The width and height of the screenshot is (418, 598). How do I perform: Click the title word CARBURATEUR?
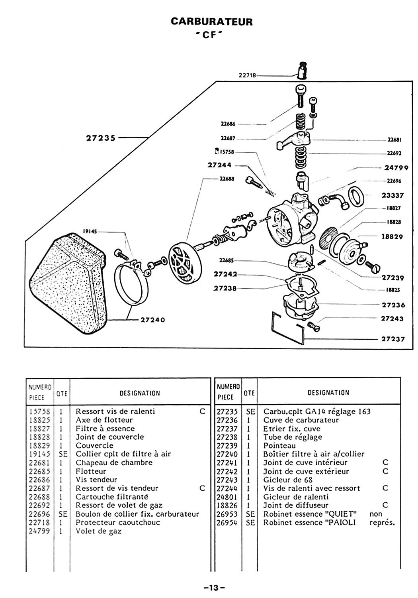[211, 21]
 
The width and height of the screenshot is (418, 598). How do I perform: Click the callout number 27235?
[101, 138]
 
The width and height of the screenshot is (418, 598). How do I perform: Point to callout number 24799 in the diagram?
[396, 168]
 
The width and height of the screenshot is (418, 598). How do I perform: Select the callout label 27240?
[153, 320]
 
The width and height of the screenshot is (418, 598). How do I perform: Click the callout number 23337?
[393, 195]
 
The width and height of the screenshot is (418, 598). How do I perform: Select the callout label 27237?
[393, 339]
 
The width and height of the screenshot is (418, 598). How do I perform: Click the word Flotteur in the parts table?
[91, 471]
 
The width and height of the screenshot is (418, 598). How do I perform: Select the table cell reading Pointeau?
[279, 446]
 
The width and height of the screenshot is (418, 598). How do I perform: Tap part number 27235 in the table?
[227, 411]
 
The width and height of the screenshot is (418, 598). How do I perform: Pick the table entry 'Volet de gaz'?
[99, 531]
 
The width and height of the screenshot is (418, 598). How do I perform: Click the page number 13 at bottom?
[214, 587]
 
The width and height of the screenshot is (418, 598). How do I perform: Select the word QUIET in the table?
[340, 514]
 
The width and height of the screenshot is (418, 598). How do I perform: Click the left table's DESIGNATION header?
[140, 393]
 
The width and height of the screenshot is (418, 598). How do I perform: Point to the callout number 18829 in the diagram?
[392, 236]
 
